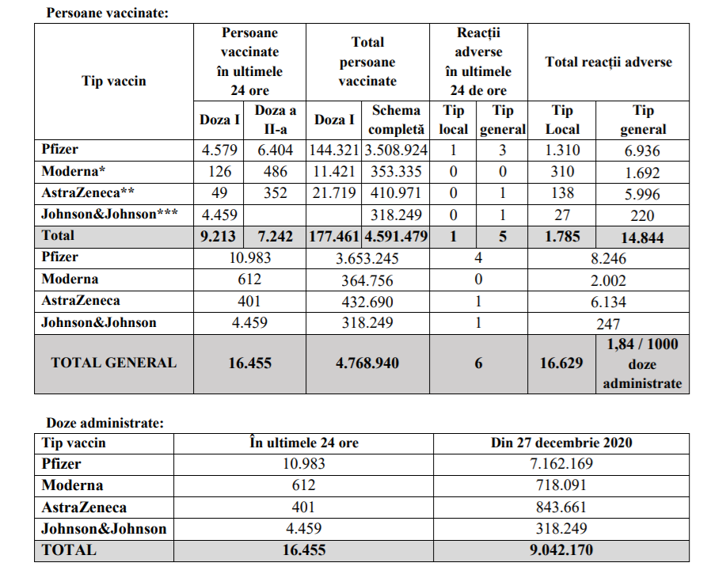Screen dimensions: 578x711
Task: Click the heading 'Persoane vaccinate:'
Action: click(107, 13)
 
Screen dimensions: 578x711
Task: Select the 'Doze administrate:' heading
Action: click(105, 424)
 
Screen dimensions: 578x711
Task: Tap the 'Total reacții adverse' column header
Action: click(608, 62)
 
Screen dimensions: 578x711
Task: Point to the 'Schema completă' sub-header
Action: click(395, 120)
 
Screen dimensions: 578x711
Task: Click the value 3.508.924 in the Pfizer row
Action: click(395, 150)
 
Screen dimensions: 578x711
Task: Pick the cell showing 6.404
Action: click(275, 150)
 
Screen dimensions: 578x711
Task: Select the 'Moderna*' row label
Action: click(71, 171)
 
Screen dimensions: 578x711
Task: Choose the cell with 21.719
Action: click(333, 193)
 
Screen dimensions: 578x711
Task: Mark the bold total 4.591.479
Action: click(395, 236)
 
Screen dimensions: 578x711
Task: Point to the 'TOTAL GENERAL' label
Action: click(113, 363)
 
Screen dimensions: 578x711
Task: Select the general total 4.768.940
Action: click(367, 363)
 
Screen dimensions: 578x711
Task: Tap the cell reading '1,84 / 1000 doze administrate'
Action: click(642, 363)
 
